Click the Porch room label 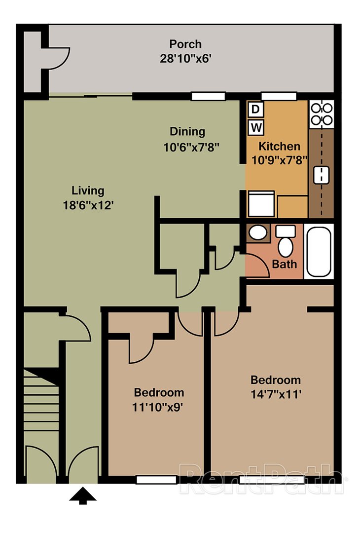pos(185,44)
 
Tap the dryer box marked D pos(255,109)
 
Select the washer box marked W pos(255,127)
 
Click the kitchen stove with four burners pos(321,113)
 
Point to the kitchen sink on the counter pos(321,174)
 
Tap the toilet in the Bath pos(285,242)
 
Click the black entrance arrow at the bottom pos(82,495)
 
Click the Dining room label pos(187,132)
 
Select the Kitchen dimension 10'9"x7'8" pos(279,160)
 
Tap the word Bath pos(285,264)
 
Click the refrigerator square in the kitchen pos(261,203)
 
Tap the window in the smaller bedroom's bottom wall pos(156,479)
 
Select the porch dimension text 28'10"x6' pos(185,58)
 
